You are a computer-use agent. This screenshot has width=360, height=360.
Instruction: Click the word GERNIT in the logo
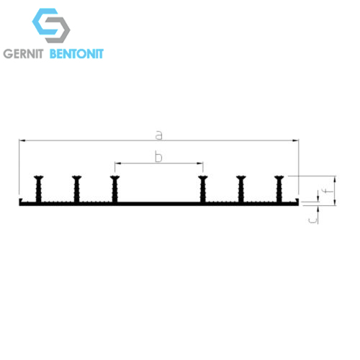(23, 53)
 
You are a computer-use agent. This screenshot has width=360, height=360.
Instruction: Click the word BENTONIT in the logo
(76, 53)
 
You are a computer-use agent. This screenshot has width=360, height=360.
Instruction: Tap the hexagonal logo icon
(51, 25)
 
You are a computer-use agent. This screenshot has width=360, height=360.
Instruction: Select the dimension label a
(159, 135)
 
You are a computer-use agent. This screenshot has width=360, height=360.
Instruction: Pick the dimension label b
(158, 157)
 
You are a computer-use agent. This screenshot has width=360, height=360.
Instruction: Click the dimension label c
(312, 220)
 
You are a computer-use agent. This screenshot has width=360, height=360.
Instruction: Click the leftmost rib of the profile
(38, 189)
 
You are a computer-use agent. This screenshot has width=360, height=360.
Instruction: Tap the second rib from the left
(76, 189)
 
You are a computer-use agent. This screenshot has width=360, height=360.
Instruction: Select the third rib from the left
(114, 189)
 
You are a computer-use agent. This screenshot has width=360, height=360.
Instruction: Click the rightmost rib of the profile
(279, 189)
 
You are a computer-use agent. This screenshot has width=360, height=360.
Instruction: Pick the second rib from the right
(241, 189)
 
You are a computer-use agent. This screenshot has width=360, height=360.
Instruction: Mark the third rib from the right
(203, 189)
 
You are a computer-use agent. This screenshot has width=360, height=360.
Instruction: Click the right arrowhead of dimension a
(296, 140)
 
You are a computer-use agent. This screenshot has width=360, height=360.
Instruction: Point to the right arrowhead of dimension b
(200, 163)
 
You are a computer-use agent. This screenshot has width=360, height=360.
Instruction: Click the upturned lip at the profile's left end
(21, 200)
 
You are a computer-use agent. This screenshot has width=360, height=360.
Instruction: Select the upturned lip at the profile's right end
(297, 200)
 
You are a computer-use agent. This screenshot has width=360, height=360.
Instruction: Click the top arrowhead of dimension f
(336, 179)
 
